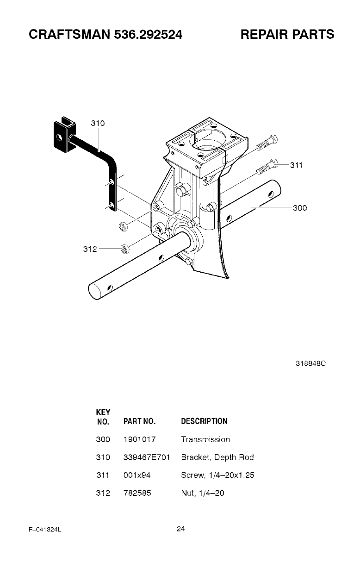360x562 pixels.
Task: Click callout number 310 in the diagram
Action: pos(98,123)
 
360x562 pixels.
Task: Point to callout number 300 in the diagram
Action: pos(299,208)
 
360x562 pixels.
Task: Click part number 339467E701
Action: pos(147,457)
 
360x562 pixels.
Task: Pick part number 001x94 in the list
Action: pos(137,475)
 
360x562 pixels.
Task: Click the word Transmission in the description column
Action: pos(205,439)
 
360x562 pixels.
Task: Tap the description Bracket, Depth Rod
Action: pos(217,457)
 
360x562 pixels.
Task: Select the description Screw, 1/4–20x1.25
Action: pos(217,475)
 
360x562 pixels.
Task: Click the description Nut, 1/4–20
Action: pos(203,493)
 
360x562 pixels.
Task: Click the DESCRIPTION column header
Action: pos(204,421)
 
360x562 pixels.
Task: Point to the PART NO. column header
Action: pos(139,421)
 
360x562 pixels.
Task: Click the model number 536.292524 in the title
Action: pos(146,34)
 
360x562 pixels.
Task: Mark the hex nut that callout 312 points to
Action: pos(124,250)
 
